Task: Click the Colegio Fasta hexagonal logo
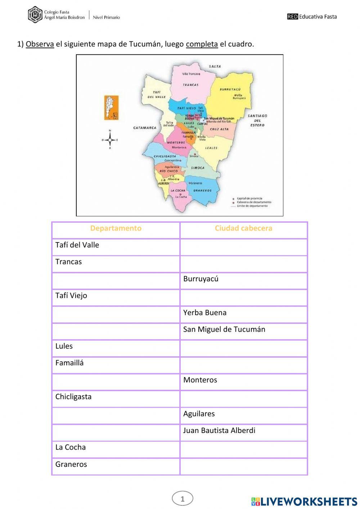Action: coord(35,15)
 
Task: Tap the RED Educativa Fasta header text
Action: coord(312,16)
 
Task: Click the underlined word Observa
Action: coord(40,44)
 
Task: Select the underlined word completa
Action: coord(202,44)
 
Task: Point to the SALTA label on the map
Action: coord(215,66)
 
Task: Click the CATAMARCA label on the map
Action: coord(145,128)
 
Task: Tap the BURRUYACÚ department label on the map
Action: coord(230,89)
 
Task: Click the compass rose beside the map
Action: coord(110,140)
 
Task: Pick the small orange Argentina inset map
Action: coord(111,108)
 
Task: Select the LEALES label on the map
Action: coord(211,148)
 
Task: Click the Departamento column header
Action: coord(116,228)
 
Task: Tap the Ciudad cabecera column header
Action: coord(243,228)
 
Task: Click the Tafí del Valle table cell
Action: coord(116,245)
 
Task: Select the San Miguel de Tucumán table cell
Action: coord(243,330)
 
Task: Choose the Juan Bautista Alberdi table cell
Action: coord(243,431)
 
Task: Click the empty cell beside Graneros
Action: coord(243,465)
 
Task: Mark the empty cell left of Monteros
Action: coord(116,380)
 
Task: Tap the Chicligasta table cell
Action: coord(116,397)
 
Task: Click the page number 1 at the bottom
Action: coord(183,499)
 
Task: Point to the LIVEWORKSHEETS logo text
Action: coord(309,501)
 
